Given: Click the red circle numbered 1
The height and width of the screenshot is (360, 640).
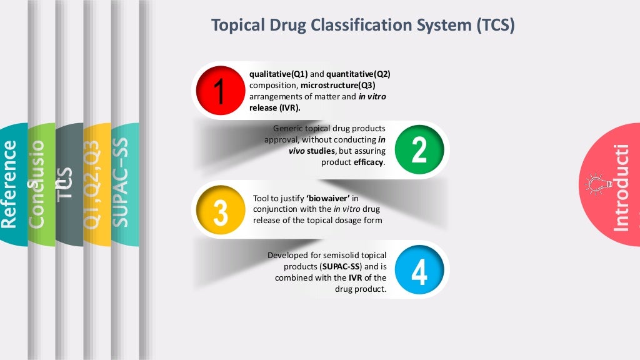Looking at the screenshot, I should [219, 91].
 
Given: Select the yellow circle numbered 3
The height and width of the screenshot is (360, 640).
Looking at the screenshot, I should [220, 211].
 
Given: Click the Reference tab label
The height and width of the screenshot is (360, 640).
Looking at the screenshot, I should [10, 184].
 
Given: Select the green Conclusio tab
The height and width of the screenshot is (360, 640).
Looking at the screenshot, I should [39, 184].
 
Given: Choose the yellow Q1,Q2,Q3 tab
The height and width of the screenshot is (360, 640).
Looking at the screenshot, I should [94, 184].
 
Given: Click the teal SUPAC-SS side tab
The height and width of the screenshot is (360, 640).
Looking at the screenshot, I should [122, 184].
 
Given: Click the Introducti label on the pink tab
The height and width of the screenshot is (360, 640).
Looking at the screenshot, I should [621, 187].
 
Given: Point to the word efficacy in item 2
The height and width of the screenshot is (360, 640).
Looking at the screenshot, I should [369, 162].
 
